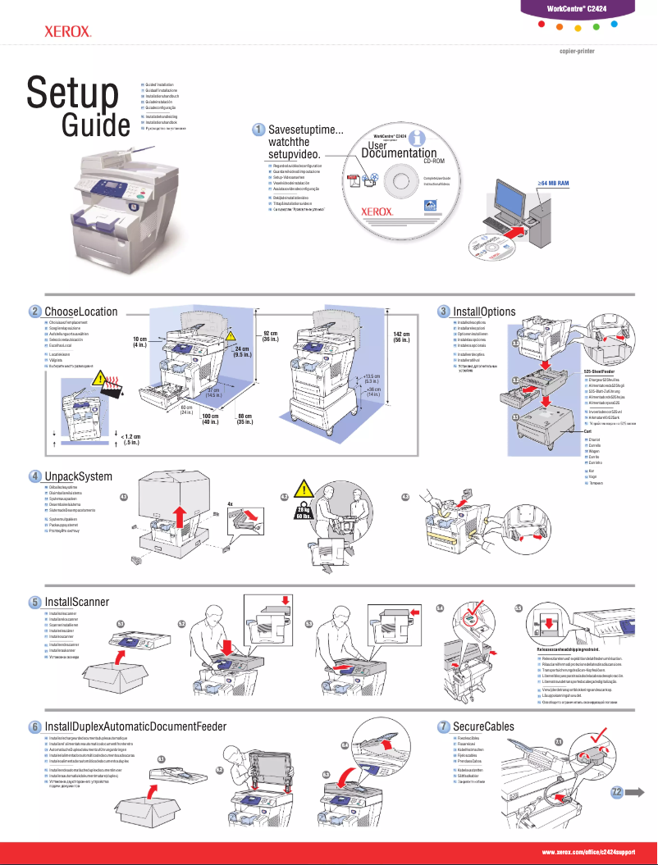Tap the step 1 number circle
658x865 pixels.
pos(258,130)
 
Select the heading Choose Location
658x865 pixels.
pos(80,312)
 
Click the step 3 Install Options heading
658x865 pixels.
pos(484,312)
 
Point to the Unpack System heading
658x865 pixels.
pos(78,476)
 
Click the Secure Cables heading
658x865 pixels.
pos(483,726)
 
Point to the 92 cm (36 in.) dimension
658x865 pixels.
pos(272,336)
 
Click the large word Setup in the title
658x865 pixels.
pos(72,92)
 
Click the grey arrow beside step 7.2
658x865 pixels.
pos(637,791)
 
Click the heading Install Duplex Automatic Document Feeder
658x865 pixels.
pos(135,726)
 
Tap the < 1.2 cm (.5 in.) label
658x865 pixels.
pos(130,439)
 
